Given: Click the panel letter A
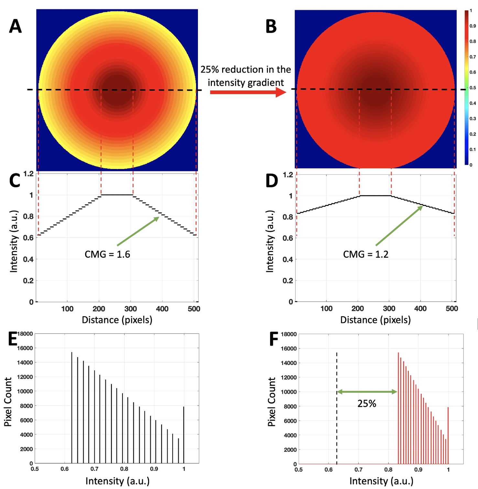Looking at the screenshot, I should (x=15, y=27).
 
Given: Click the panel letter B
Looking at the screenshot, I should (x=271, y=27).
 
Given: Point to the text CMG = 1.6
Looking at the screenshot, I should (x=107, y=255).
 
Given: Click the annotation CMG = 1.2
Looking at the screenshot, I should (x=365, y=255).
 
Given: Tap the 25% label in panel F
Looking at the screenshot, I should (x=367, y=404).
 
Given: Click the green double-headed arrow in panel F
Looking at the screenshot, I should (x=367, y=392).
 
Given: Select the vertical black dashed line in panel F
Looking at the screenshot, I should (x=337, y=421).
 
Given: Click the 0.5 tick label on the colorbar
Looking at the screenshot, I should (x=473, y=88).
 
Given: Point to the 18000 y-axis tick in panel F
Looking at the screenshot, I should (x=288, y=334).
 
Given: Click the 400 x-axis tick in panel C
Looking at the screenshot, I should (x=162, y=309).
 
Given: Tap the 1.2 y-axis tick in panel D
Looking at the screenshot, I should (x=288, y=175).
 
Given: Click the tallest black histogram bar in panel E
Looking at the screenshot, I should (x=72, y=408).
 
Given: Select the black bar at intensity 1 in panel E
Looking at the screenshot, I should (x=184, y=436).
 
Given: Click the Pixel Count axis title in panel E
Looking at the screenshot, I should (x=8, y=402).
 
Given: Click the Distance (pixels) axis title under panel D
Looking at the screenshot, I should (x=375, y=320).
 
